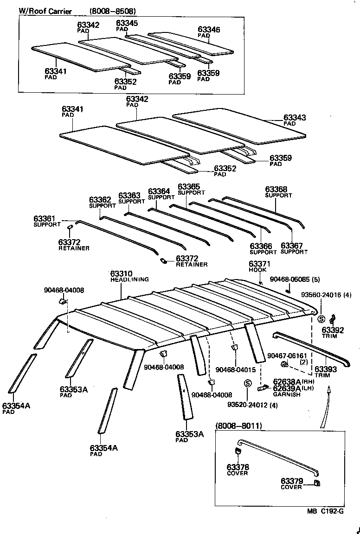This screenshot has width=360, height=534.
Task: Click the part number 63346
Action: coord(209,30)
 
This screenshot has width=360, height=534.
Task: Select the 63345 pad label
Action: coord(127,23)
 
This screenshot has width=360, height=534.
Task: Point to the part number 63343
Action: coord(295,118)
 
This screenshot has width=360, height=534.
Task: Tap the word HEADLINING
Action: coord(129,280)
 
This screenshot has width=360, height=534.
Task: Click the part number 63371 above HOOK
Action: coord(259,264)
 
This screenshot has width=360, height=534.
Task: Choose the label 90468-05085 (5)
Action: coord(295,279)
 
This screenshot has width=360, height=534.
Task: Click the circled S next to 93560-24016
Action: coord(320,318)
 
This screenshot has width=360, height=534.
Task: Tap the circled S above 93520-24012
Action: coord(247,383)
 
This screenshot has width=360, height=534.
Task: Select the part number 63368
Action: coord(276,190)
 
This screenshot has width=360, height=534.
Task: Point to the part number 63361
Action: coord(44,218)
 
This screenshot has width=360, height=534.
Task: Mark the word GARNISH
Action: coord(286,394)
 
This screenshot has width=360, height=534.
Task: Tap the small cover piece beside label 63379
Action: coord(318,483)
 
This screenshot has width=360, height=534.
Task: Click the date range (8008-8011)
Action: coord(238,426)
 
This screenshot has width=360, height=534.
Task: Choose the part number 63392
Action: coord(333,331)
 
